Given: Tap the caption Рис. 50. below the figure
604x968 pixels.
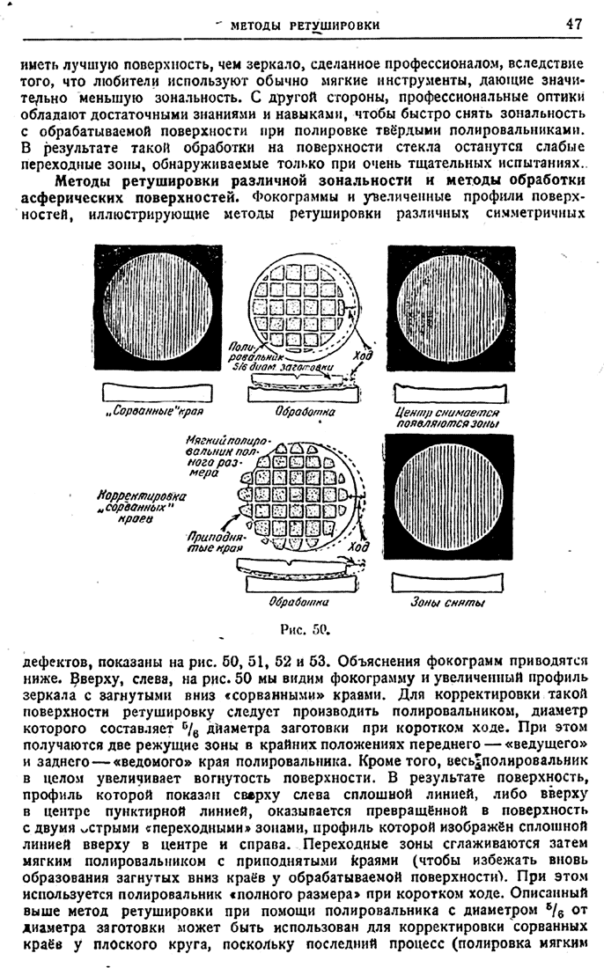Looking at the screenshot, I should [x=302, y=628].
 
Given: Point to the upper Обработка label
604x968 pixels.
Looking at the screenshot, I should [x=302, y=411].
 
